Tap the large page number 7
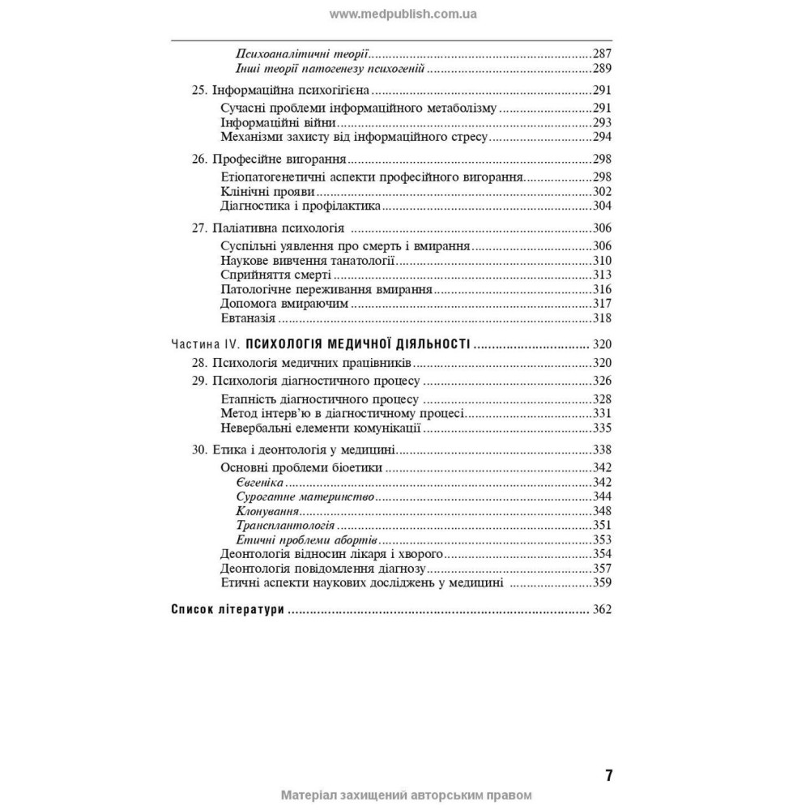(608, 775)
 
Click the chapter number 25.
(199, 91)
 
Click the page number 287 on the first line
(602, 53)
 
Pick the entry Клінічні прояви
(267, 193)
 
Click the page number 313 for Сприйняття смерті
(602, 275)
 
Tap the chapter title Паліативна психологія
(279, 228)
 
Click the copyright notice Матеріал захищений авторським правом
(406, 795)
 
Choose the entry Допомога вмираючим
(283, 304)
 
